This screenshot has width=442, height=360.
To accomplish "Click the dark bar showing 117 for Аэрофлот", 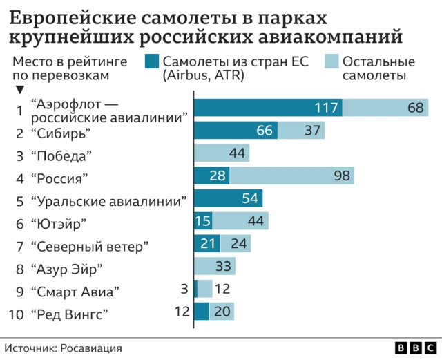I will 268,108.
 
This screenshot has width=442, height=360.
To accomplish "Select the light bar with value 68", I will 385,108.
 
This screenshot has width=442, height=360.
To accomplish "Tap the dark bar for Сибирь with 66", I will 236,130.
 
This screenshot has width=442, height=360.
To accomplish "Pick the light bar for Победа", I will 222,153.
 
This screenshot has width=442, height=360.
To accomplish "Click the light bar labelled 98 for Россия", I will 291,176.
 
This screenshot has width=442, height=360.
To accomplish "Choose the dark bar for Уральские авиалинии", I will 228,198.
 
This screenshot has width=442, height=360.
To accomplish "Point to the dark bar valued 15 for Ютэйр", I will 203,221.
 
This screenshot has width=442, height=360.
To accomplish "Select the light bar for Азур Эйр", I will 215,266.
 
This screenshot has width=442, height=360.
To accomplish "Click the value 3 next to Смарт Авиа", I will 184,289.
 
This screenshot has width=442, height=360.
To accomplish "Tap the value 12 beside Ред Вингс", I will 182,312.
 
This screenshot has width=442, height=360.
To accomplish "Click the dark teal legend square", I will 152,61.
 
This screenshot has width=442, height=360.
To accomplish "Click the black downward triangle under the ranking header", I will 19,90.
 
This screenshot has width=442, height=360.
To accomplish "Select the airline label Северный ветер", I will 90,246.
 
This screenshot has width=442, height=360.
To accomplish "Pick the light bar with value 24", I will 236,243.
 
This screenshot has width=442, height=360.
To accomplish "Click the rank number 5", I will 19,201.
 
